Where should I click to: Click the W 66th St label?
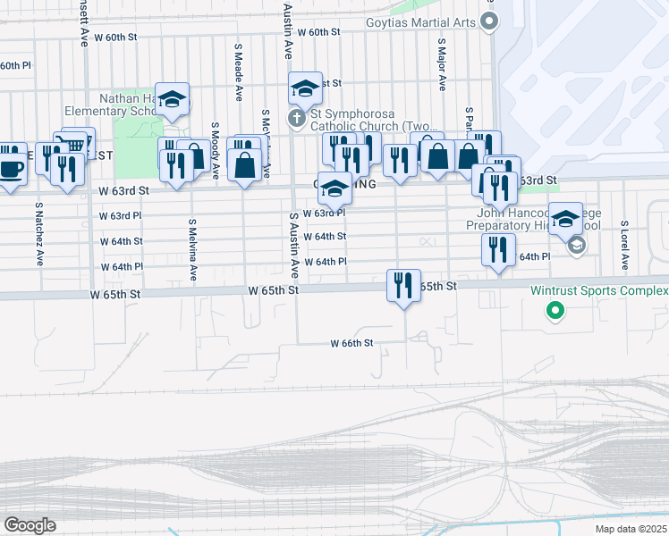(351, 343)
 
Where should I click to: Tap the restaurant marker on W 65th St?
(403, 286)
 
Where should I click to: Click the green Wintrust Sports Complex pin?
(555, 312)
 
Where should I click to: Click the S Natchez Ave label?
(39, 234)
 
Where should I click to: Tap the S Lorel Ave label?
(623, 247)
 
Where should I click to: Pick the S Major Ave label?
(442, 64)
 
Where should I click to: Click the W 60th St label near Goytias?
(320, 32)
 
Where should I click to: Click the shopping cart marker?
(75, 144)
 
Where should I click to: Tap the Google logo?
(30, 525)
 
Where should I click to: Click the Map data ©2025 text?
(631, 529)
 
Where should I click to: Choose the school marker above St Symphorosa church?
(305, 88)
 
